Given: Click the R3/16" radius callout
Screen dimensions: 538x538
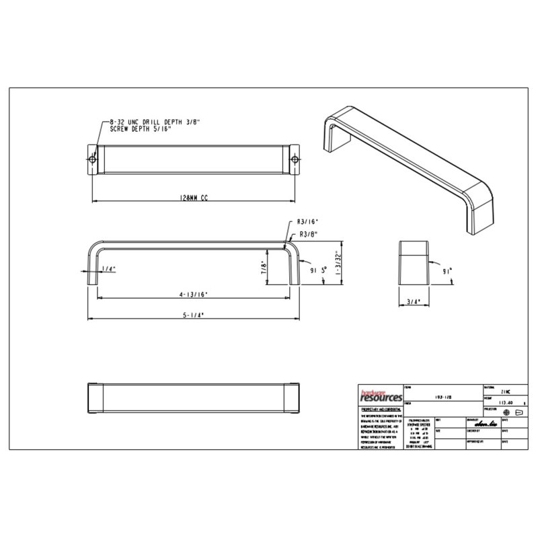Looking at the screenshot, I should (307, 221).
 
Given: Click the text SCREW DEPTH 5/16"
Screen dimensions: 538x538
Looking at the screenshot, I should (137, 128).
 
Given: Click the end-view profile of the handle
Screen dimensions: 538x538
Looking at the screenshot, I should (412, 262).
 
